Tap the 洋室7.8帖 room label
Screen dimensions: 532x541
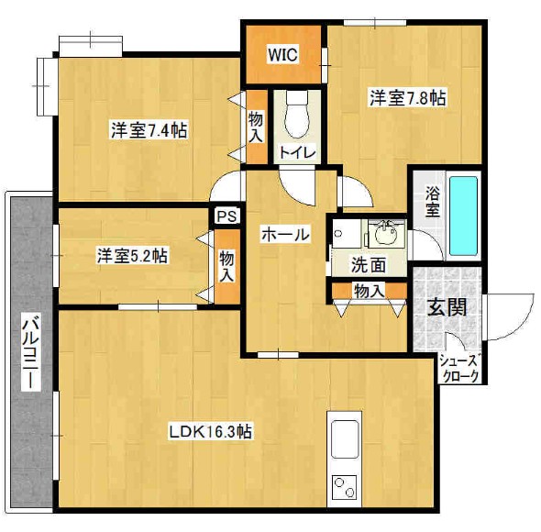click(408, 97)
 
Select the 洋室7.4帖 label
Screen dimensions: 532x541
click(149, 130)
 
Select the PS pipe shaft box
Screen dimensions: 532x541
click(226, 217)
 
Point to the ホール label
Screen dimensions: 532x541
click(283, 235)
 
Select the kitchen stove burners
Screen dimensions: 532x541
click(345, 486)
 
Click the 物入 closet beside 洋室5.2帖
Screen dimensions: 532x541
click(226, 265)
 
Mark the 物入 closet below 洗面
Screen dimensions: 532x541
click(369, 292)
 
